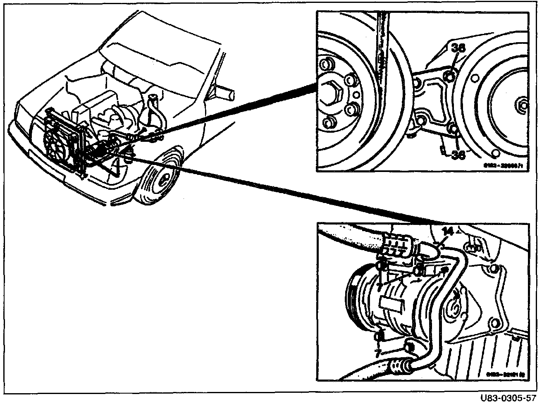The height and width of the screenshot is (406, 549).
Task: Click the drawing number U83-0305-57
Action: point(508,398)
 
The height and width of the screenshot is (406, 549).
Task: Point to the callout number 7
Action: point(377,352)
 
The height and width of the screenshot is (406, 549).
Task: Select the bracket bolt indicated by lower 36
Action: point(454,130)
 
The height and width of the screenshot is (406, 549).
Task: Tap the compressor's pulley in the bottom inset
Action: point(351,300)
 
